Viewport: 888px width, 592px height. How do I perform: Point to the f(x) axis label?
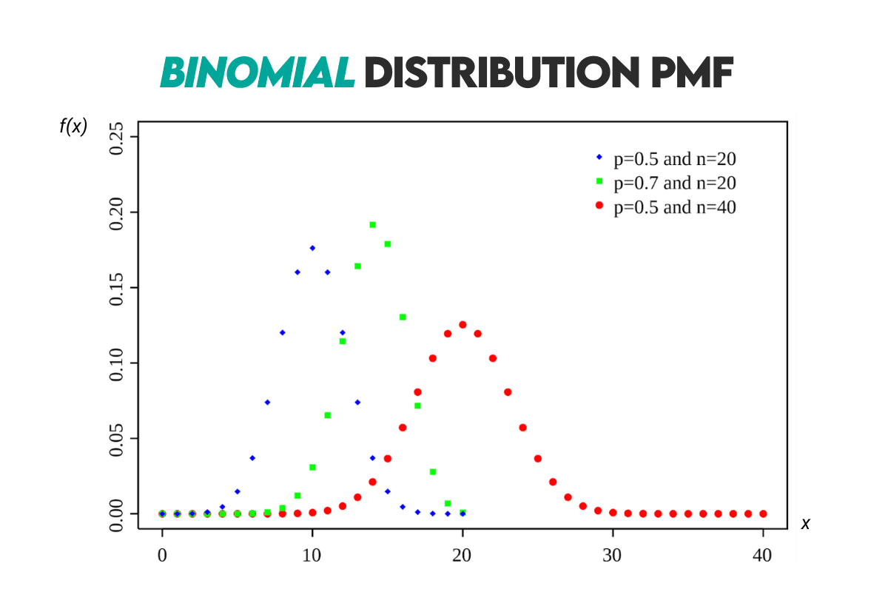pyautogui.click(x=73, y=127)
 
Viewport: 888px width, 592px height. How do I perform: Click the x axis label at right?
pyautogui.click(x=806, y=524)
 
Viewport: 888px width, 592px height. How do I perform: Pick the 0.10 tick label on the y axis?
pyautogui.click(x=117, y=363)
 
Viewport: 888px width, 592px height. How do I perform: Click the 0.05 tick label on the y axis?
pyautogui.click(x=117, y=438)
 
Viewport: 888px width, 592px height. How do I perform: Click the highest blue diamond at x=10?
pyautogui.click(x=312, y=248)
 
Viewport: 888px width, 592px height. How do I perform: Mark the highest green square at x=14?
pyautogui.click(x=372, y=224)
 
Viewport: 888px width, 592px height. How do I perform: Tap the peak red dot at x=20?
pyautogui.click(x=462, y=324)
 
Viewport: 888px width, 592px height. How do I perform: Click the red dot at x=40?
pyautogui.click(x=763, y=514)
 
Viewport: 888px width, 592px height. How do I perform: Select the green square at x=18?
pyautogui.click(x=432, y=471)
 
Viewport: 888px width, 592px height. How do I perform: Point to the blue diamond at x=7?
pyautogui.click(x=267, y=402)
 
